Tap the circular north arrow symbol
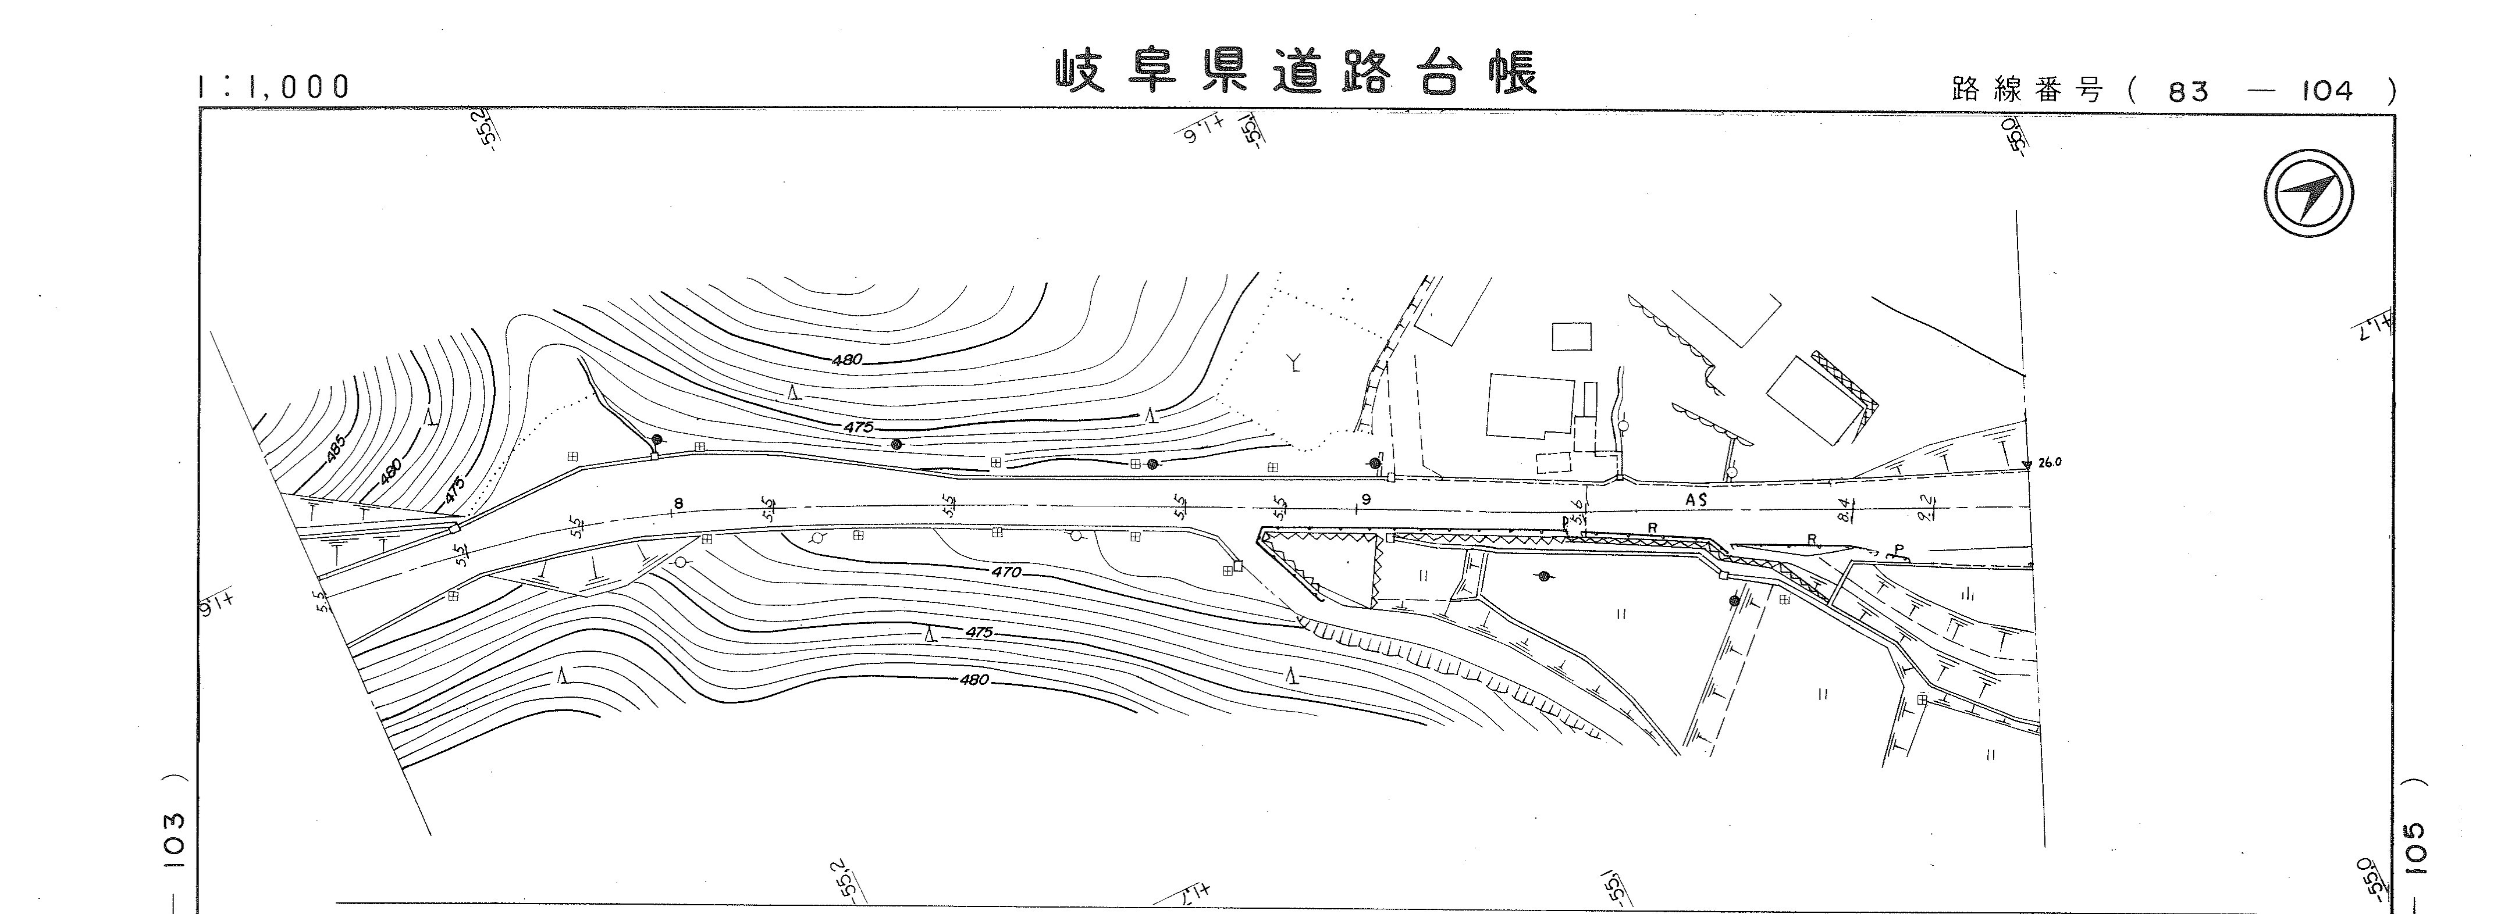point(2309,192)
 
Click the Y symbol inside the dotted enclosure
point(1294,364)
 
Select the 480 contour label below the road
point(974,680)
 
